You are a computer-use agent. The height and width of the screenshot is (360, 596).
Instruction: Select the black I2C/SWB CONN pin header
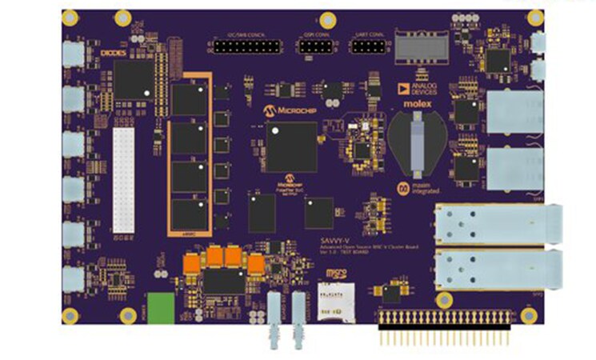point(246,47)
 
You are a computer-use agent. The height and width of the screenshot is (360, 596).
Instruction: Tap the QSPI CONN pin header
point(318,47)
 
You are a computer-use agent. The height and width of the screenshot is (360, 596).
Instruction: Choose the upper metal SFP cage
point(496,222)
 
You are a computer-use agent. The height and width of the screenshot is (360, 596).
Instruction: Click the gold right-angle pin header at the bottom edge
point(448,326)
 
